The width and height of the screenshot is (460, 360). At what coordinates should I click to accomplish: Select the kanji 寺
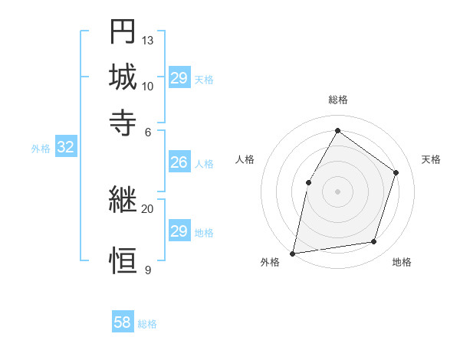pos(123,122)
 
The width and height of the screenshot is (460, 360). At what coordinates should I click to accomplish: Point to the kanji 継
pos(123,200)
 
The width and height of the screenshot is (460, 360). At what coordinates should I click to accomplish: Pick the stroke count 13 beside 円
pos(148,40)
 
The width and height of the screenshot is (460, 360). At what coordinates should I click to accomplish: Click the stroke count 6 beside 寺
pos(148,131)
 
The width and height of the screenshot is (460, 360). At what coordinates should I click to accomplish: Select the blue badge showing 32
pos(65,148)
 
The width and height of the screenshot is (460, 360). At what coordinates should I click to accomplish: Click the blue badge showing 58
pos(123,322)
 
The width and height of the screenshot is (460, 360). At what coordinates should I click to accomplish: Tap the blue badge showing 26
pos(179,162)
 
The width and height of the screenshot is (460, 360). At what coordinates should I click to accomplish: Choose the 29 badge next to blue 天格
pos(179,78)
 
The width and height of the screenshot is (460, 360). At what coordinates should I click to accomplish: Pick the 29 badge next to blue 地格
pos(179,231)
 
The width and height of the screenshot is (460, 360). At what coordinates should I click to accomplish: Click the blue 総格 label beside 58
pos(147,324)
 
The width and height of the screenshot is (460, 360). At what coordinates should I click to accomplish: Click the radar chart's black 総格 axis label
pos(337,100)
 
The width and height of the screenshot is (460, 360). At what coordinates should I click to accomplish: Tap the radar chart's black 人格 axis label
pos(245,159)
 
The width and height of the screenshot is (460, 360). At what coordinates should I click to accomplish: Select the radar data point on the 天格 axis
pos(396,172)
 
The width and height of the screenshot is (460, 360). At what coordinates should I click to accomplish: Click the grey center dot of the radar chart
pos(337,191)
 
